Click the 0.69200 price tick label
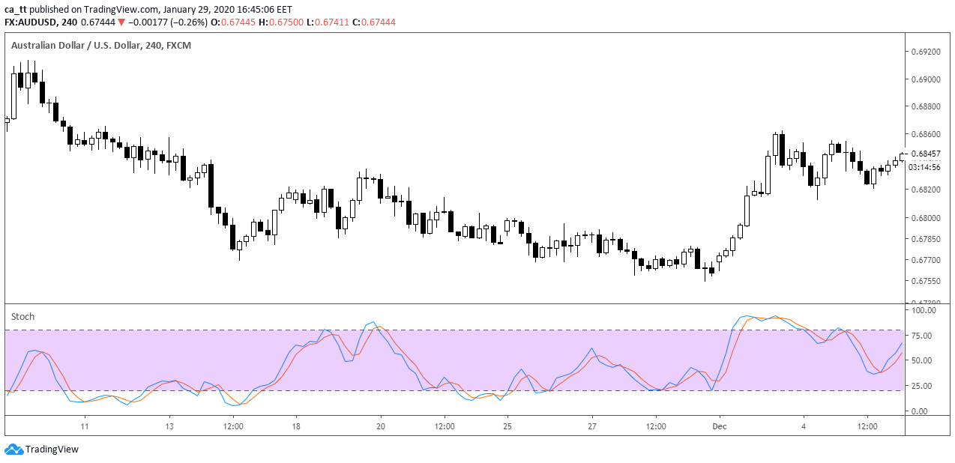pos(925,52)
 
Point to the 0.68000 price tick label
pos(925,218)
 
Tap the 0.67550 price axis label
pos(925,281)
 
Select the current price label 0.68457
pos(925,154)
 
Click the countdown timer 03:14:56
pos(925,167)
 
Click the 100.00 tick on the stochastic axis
pos(924,309)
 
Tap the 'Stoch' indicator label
pos(22,317)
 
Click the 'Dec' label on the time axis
pos(719,426)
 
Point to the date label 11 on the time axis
pos(85,426)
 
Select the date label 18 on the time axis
pos(296,426)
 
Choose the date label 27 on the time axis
pos(592,426)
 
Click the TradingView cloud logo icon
pos(13,450)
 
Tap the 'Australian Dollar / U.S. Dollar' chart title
pos(66,46)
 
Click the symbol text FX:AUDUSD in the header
pos(32,22)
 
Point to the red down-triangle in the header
pos(121,22)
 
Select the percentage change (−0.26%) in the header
pos(187,22)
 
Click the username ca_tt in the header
pos(16,8)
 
